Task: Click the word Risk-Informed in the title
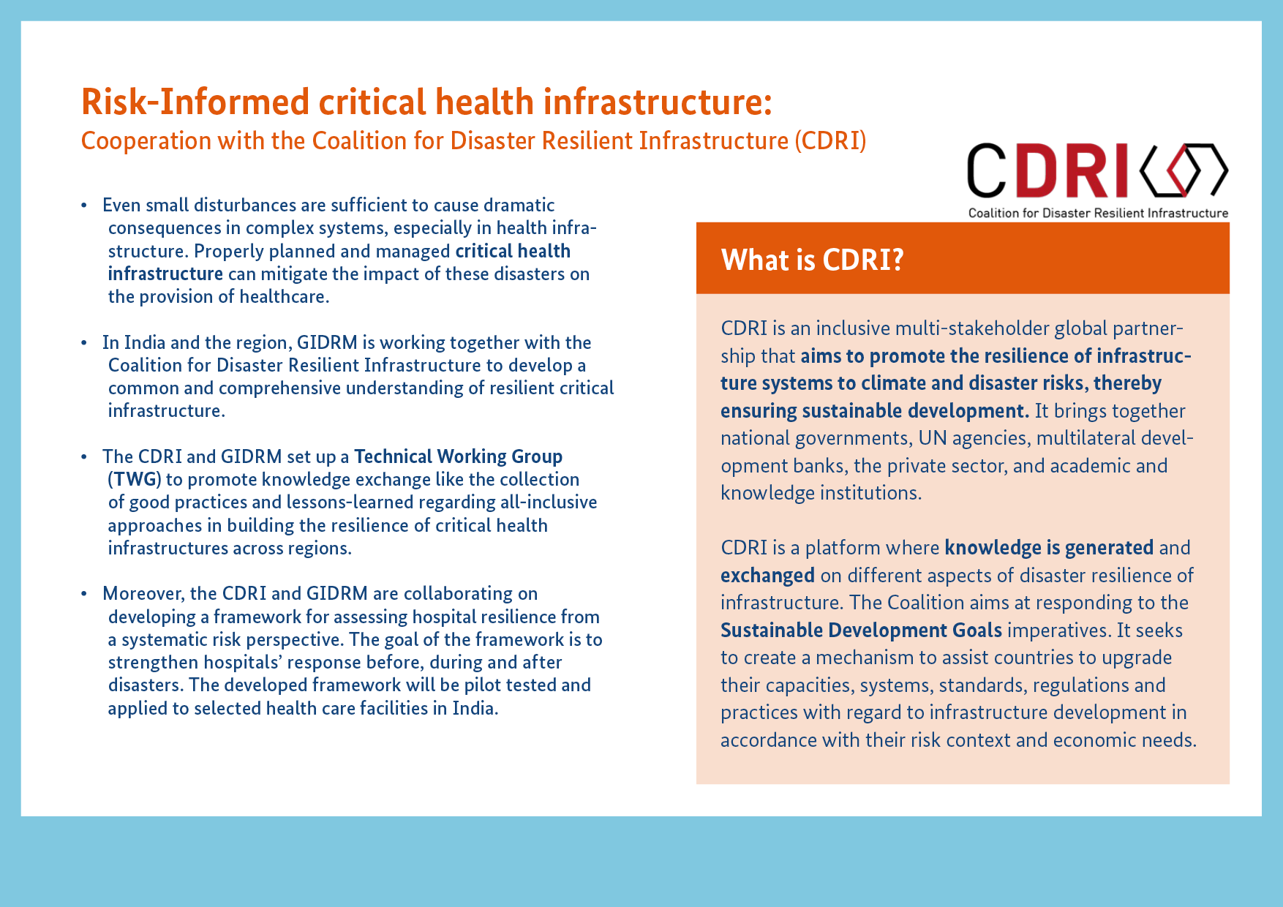[195, 101]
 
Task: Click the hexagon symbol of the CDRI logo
[1184, 170]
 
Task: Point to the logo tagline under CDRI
[1098, 213]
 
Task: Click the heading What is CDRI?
[813, 260]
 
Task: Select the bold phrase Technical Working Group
[459, 456]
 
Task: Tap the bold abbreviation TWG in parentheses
[135, 480]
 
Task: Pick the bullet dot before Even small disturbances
[85, 206]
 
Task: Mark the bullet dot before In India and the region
[85, 343]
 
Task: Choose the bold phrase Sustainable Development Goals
[861, 630]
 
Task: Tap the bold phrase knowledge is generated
[1049, 548]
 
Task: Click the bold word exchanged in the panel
[767, 576]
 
